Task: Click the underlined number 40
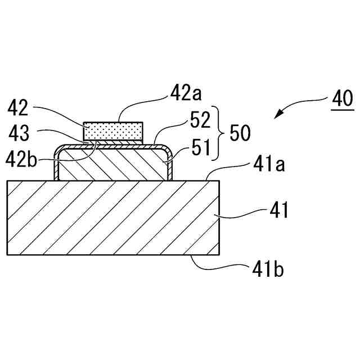coord(342,99)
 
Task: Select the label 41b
coord(265,269)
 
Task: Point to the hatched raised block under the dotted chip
coord(112,163)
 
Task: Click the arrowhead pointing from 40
coord(277,116)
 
